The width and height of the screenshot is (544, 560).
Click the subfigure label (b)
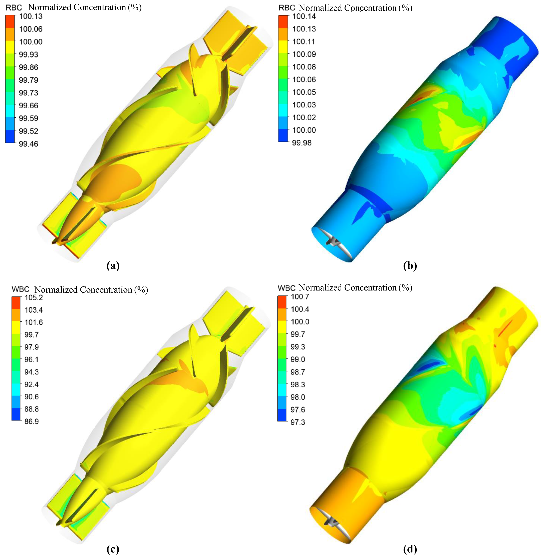pyautogui.click(x=410, y=266)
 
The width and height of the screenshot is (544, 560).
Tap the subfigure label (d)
pyautogui.click(x=410, y=549)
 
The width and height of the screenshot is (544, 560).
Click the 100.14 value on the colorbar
pyautogui.click(x=304, y=16)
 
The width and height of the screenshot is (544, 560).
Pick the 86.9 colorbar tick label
pyautogui.click(x=31, y=421)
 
